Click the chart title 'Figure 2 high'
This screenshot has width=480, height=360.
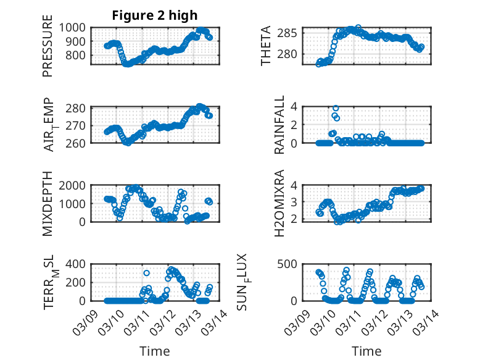[x=155, y=15]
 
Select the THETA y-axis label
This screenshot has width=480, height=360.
[x=266, y=46]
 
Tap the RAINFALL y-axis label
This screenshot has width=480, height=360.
[x=279, y=125]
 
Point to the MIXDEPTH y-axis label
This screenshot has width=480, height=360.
[x=48, y=203]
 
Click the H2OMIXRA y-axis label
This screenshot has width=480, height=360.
[x=279, y=203]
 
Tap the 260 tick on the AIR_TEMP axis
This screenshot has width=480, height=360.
[x=80, y=143]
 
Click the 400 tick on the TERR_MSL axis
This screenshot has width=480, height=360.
[x=80, y=264]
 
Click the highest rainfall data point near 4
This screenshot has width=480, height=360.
[x=336, y=108]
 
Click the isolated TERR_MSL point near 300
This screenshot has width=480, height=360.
[x=146, y=273]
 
